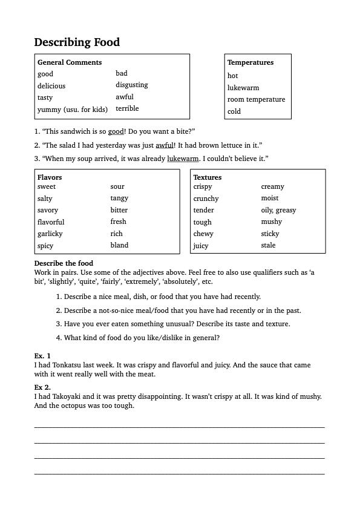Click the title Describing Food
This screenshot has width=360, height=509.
(77, 42)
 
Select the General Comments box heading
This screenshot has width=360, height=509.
(70, 62)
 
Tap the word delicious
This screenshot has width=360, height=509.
(51, 86)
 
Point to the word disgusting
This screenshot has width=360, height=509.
(132, 85)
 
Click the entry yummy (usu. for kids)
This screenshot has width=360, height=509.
(73, 110)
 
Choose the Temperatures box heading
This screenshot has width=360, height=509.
(250, 62)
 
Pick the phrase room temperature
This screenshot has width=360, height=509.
(256, 99)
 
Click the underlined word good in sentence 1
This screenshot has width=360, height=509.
(116, 131)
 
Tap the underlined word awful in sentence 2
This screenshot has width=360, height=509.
(165, 145)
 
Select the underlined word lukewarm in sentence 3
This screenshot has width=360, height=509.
(183, 159)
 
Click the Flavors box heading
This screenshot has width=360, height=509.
(50, 177)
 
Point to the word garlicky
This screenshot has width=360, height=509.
(50, 234)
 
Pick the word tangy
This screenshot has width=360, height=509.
(119, 198)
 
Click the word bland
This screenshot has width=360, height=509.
(119, 245)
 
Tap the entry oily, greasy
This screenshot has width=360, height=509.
(278, 210)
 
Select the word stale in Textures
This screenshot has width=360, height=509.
(268, 245)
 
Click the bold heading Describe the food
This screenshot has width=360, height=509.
(64, 264)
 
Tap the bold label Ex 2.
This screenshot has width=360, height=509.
(42, 387)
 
